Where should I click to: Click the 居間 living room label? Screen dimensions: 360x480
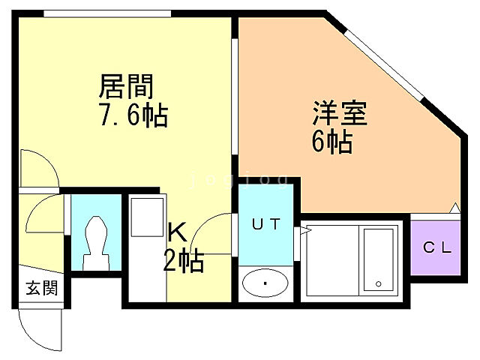(x=126, y=87)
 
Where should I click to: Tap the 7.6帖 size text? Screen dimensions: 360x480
(x=132, y=116)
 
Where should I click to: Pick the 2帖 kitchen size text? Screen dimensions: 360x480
(x=184, y=261)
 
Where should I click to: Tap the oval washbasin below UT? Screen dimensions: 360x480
(x=265, y=283)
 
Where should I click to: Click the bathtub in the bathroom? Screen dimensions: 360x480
(x=379, y=259)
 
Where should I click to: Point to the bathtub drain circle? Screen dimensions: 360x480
(x=379, y=284)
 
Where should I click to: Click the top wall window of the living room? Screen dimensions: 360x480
(x=107, y=14)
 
